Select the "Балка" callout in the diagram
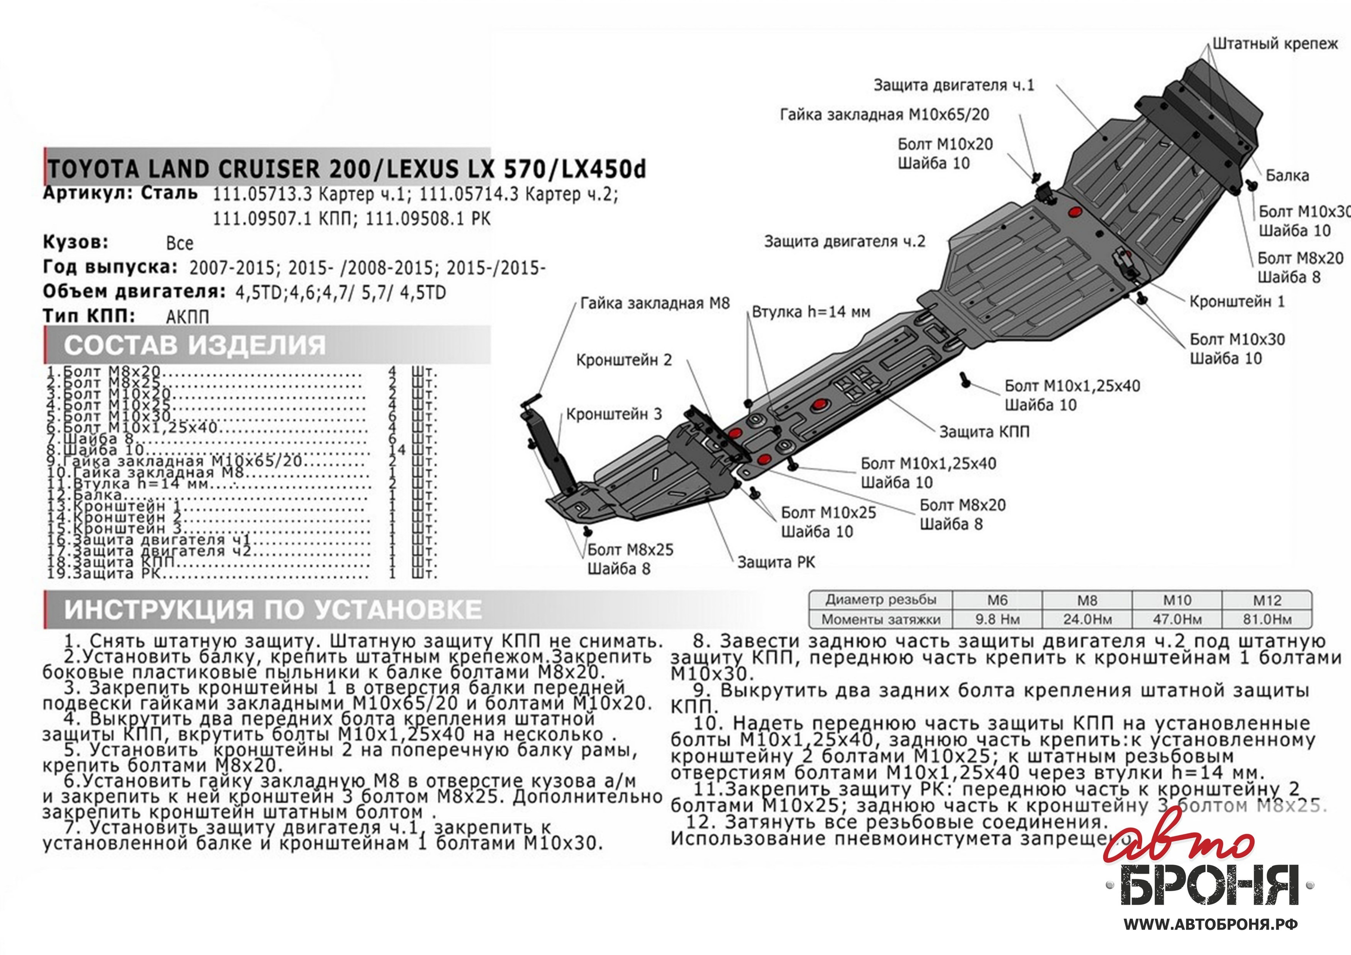[x=1287, y=175]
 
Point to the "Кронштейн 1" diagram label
[x=1237, y=302]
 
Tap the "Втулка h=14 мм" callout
[x=811, y=312]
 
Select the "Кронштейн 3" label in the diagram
[x=614, y=414]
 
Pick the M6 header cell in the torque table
[x=997, y=600]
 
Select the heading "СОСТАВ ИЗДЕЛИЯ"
[x=194, y=345]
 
